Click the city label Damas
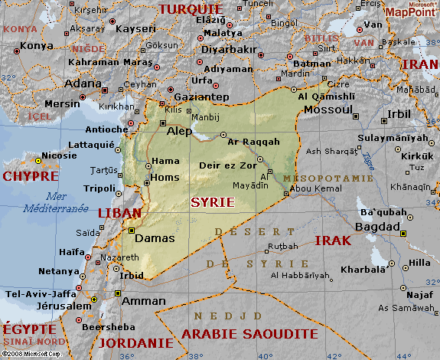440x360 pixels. coord(155,239)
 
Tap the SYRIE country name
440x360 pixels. coord(212,201)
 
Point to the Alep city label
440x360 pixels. coord(180,131)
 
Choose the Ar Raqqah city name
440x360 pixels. coord(254,142)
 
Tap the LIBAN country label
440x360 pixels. coord(119,213)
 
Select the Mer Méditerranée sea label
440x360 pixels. coord(55,201)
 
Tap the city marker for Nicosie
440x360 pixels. coord(37,160)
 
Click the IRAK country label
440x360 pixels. coord(333,241)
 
